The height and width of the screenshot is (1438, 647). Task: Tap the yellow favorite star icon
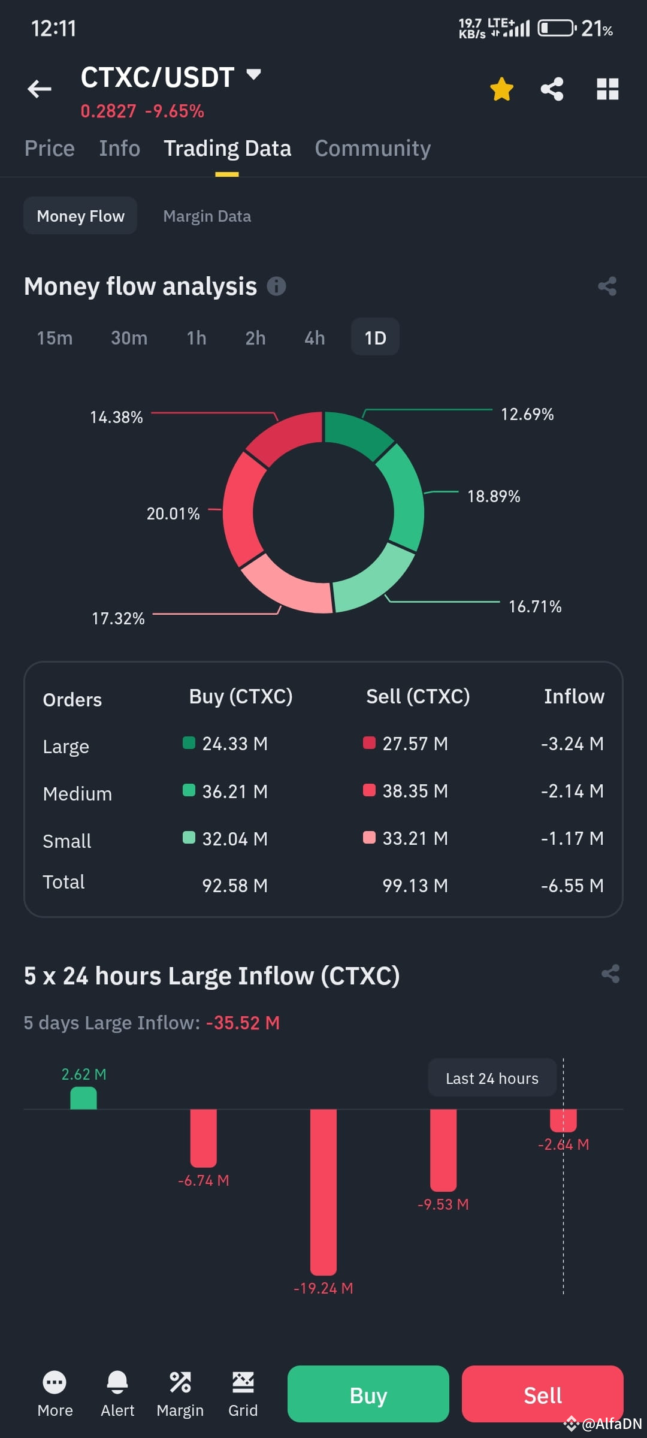click(501, 89)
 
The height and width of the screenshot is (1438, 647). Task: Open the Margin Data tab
click(207, 216)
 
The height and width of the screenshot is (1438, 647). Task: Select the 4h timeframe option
click(315, 338)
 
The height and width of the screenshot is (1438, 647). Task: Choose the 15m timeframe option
click(55, 338)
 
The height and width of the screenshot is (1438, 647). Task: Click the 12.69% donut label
click(527, 415)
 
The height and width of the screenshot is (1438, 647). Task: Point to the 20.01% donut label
click(173, 513)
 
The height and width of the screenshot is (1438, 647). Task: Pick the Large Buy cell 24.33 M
click(234, 744)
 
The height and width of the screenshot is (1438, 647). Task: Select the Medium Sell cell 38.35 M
click(415, 791)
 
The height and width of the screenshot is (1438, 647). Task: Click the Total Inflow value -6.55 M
click(572, 886)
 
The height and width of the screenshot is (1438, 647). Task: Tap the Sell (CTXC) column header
click(418, 696)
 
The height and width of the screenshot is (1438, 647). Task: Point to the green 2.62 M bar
click(83, 1098)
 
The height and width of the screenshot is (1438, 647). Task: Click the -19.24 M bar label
click(323, 1288)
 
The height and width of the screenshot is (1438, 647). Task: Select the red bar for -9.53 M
click(443, 1149)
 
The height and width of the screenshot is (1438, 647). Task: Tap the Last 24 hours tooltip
click(492, 1078)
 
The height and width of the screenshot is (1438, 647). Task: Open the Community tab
click(373, 149)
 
